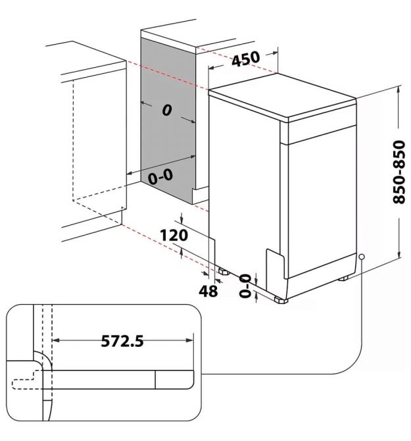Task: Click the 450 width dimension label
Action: [x=246, y=59]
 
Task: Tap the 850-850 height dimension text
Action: [x=399, y=172]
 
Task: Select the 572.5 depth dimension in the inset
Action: [x=122, y=341]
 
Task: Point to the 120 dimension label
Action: [x=174, y=235]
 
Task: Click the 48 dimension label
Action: [x=208, y=290]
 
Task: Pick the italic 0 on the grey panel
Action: [x=166, y=110]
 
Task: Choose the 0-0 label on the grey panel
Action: [x=160, y=176]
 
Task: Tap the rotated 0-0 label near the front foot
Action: [x=245, y=286]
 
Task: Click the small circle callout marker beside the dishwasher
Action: [x=362, y=257]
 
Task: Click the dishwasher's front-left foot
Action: [x=281, y=299]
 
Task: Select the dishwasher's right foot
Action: [x=343, y=278]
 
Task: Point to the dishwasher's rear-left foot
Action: [x=224, y=271]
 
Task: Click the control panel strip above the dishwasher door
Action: [x=322, y=128]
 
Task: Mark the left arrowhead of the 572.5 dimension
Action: [x=56, y=340]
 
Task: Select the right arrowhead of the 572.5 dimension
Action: [x=190, y=340]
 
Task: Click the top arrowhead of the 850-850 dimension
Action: [x=399, y=91]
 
